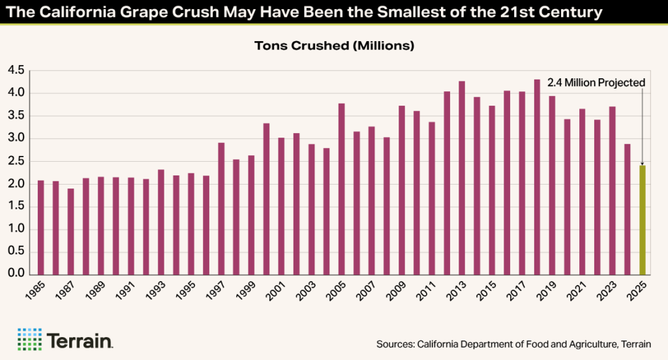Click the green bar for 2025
[x=643, y=220]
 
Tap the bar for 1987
[x=70, y=232]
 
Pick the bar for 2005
[x=341, y=189]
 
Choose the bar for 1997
[x=221, y=209]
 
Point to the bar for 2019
[x=553, y=185]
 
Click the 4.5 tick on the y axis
[x=16, y=70]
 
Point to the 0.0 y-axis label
[x=16, y=275]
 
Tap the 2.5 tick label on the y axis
[x=16, y=161]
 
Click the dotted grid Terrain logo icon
[x=29, y=339]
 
